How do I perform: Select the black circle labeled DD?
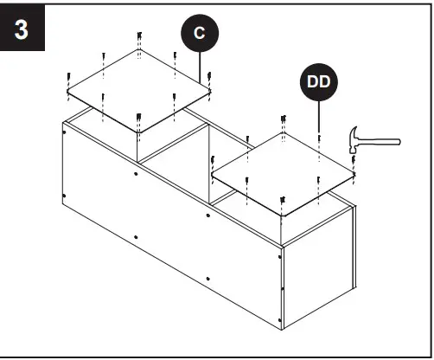tap(320, 82)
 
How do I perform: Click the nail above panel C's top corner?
tap(139, 38)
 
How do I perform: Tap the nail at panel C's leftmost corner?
tap(67, 78)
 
